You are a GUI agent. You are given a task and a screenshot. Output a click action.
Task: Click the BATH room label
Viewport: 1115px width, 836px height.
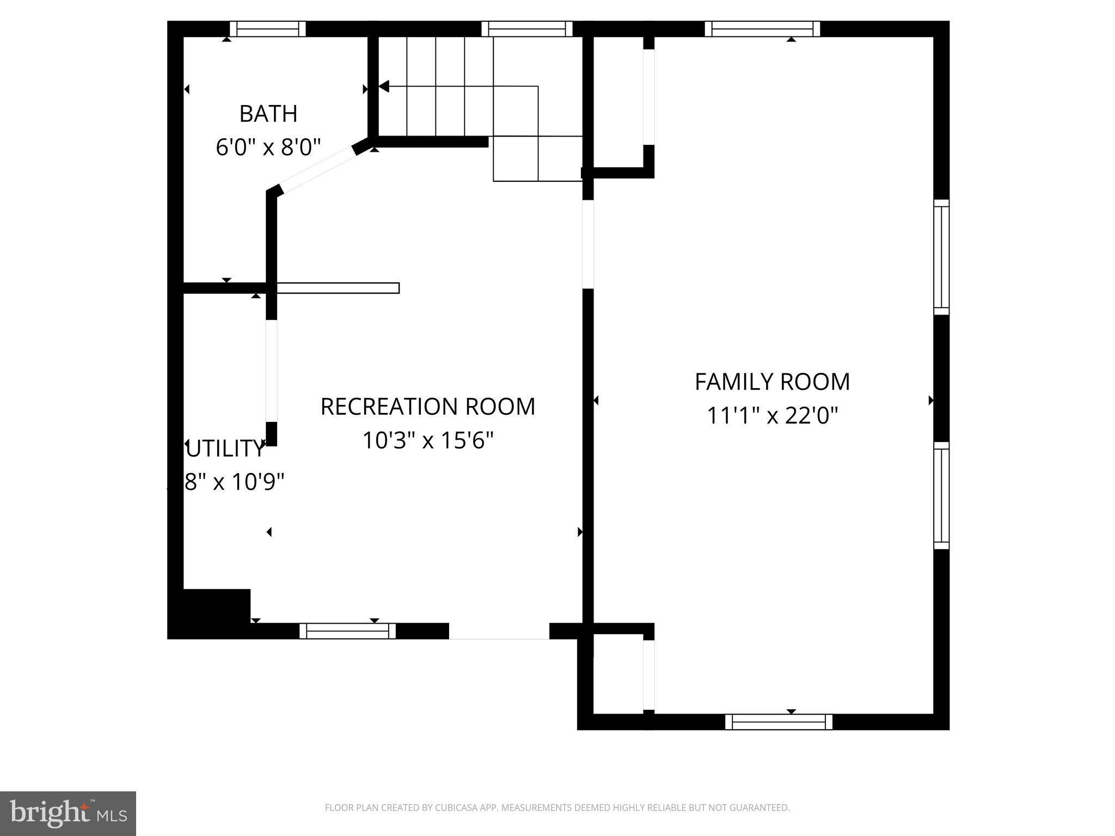tap(268, 114)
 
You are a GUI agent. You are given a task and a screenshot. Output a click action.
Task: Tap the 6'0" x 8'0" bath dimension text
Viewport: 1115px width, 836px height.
tap(268, 147)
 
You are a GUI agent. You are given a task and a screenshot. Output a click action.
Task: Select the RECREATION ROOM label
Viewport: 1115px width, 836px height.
tap(427, 407)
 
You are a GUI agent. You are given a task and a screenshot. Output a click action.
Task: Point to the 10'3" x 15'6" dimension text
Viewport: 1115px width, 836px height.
tap(427, 440)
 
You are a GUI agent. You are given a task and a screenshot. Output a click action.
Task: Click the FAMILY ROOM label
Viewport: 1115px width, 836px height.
tap(772, 382)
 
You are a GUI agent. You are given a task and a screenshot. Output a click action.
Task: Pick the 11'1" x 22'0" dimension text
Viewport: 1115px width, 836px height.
tap(772, 416)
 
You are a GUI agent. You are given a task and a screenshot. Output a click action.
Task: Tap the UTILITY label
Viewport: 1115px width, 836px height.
tap(224, 448)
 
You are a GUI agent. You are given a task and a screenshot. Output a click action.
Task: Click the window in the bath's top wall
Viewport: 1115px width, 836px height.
tap(267, 29)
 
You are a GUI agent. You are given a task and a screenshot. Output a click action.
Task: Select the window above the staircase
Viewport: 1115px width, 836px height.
tap(527, 29)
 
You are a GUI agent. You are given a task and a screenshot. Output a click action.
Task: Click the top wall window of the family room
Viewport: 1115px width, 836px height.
tap(762, 29)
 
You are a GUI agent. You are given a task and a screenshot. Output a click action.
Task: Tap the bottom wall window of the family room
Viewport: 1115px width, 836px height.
tap(779, 722)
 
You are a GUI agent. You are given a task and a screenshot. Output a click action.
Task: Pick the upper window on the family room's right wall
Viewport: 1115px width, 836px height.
tap(941, 257)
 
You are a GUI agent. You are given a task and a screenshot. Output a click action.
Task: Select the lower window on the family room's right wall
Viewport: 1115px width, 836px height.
tap(941, 495)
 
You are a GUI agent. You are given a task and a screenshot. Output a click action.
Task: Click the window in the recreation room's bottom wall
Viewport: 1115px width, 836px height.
tap(347, 631)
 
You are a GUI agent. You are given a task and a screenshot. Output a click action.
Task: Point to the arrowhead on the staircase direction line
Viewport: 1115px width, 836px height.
tap(384, 86)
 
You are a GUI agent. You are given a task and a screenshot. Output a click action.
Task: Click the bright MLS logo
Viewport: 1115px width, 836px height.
tap(68, 813)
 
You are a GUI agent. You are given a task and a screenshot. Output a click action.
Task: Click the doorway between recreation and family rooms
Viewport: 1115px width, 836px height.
tap(587, 244)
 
